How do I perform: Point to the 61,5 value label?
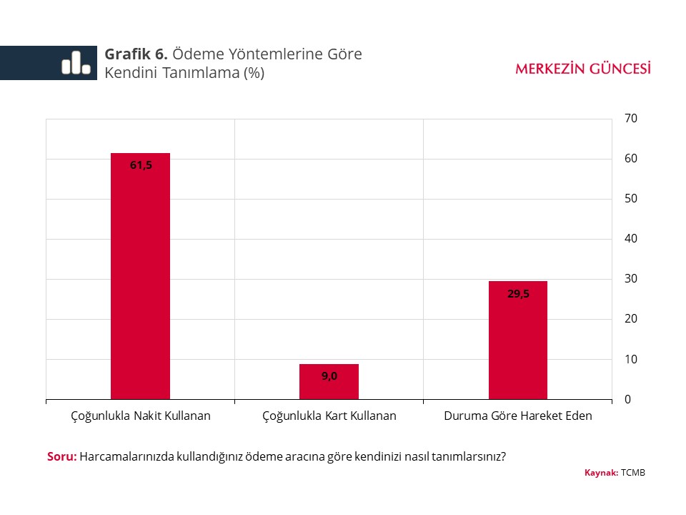coord(141,165)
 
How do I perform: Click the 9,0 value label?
coord(329,376)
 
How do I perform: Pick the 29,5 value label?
coord(518,293)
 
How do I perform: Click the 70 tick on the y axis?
coord(631,118)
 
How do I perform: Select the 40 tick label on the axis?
coord(631,238)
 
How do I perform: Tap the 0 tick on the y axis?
coord(628,399)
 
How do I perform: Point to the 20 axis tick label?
coord(631,319)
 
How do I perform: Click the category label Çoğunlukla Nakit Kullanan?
coord(141,416)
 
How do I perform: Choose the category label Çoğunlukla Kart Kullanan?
coord(329,416)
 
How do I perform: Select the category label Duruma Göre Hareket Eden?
coord(518,416)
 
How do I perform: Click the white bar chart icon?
coord(76,63)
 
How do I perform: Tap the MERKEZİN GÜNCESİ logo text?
coord(583,69)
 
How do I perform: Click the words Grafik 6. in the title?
coord(136,54)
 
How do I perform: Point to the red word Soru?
coord(61,456)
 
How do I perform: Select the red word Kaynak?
coord(601,473)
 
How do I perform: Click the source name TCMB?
coord(633,473)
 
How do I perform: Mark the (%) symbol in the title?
coord(254,73)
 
